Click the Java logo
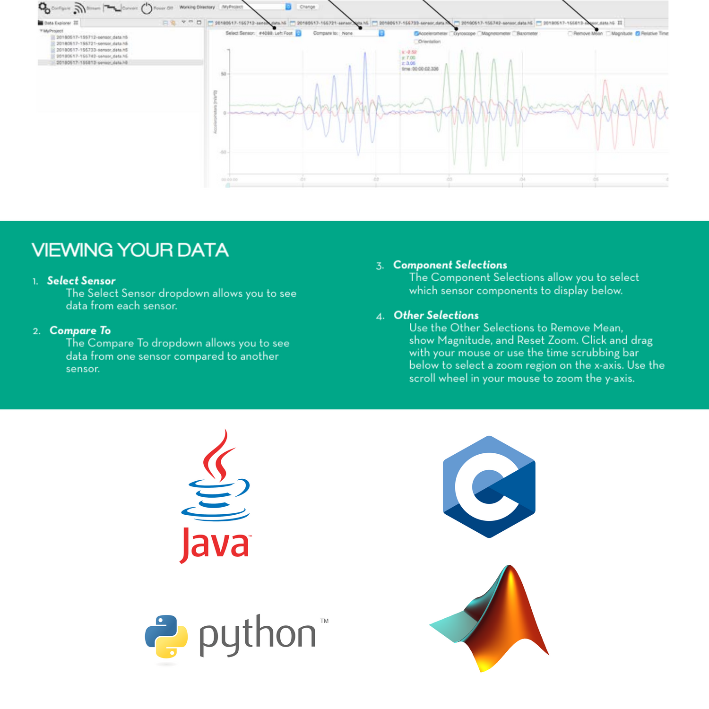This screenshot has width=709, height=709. (x=216, y=496)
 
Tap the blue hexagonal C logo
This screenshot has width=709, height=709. (x=489, y=486)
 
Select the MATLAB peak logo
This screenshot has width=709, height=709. (x=492, y=619)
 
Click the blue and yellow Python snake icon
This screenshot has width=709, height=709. (x=166, y=636)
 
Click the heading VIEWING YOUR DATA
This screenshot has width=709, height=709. (x=130, y=250)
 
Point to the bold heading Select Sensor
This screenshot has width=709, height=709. (x=81, y=281)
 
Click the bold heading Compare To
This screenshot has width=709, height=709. (x=80, y=330)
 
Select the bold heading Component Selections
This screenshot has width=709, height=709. (x=450, y=265)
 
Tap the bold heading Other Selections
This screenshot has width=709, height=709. (x=436, y=315)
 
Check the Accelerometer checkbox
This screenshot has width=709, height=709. (x=416, y=34)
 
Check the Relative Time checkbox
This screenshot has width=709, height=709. (x=638, y=34)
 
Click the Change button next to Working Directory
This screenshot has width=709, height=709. (x=307, y=7)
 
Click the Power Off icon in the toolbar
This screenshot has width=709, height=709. (x=147, y=8)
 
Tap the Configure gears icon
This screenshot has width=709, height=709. (x=44, y=8)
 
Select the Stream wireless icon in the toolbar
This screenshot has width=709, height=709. (x=79, y=8)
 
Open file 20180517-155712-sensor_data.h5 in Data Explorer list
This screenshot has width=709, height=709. (x=92, y=37)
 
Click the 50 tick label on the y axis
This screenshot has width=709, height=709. (x=224, y=74)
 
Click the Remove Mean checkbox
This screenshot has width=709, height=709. (x=570, y=34)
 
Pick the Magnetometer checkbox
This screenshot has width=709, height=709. (x=479, y=34)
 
